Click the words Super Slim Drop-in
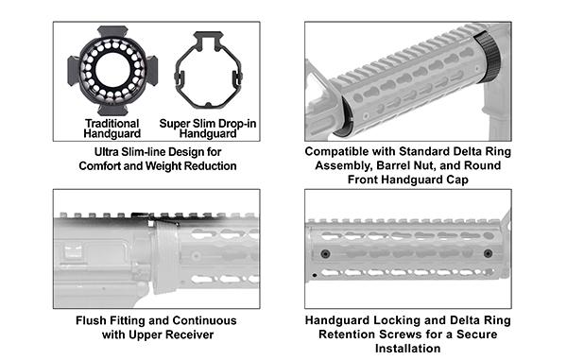[208, 123]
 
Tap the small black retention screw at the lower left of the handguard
[315, 274]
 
